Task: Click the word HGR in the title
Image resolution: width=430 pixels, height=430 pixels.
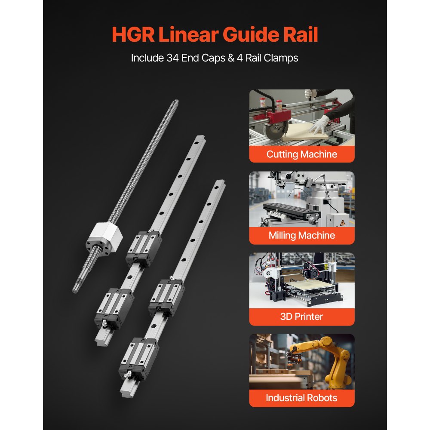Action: click(x=133, y=35)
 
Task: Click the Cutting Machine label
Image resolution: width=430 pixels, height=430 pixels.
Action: click(x=302, y=154)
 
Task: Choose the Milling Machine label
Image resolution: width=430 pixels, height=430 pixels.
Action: click(x=302, y=236)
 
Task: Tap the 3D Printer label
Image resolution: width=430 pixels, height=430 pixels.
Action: click(x=302, y=317)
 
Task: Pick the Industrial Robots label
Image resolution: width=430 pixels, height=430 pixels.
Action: click(x=302, y=398)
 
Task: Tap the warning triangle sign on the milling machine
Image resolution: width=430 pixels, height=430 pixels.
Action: click(x=343, y=222)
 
